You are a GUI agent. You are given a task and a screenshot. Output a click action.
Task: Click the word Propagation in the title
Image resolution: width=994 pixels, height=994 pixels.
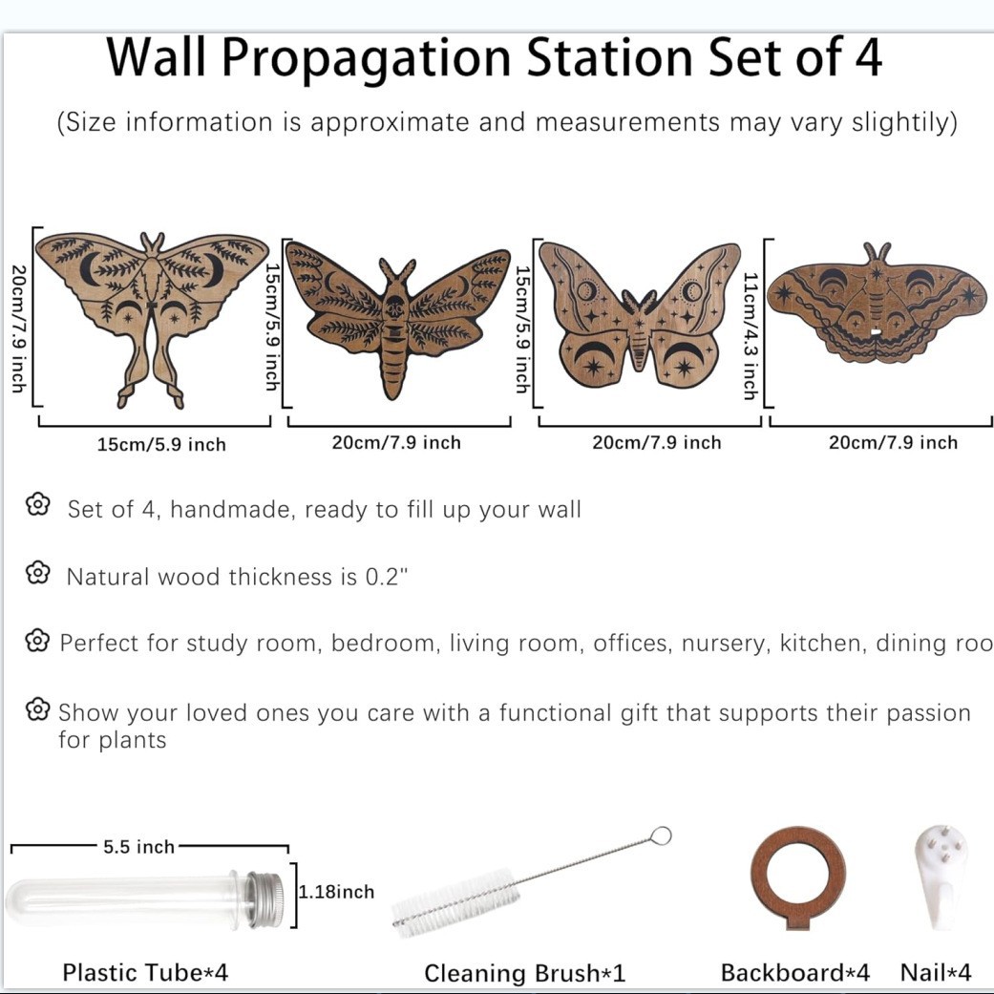pyautogui.click(x=367, y=59)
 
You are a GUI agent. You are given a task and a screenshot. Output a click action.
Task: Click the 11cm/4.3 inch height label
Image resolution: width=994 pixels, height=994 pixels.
pyautogui.click(x=751, y=336)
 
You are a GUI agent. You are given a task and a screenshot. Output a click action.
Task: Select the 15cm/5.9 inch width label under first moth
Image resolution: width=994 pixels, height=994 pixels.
pyautogui.click(x=161, y=444)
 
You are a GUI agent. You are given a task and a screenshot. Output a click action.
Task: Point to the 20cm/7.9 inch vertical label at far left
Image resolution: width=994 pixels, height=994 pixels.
pyautogui.click(x=19, y=328)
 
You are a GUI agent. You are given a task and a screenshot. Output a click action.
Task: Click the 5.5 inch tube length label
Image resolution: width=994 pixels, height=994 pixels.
pyautogui.click(x=138, y=847)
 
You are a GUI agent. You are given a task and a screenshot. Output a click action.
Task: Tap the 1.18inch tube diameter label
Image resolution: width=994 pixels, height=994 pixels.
pyautogui.click(x=337, y=892)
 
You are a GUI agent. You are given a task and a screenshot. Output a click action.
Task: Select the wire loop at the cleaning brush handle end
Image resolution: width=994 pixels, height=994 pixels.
pyautogui.click(x=661, y=835)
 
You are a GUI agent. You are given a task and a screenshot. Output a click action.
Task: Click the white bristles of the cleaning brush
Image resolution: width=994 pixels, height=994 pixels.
pyautogui.click(x=455, y=899)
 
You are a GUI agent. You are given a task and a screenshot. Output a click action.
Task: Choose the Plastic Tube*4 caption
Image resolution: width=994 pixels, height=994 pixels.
pyautogui.click(x=145, y=972)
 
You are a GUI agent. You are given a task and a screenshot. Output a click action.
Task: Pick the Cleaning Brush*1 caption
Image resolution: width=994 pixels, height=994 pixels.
pyautogui.click(x=524, y=973)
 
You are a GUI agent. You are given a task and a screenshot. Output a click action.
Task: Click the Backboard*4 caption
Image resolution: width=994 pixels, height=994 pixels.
pyautogui.click(x=795, y=972)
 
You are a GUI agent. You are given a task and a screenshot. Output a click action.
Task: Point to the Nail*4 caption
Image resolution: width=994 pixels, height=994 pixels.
pyautogui.click(x=936, y=972)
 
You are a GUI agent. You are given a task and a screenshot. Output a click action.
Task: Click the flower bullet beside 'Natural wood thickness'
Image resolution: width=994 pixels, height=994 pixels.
pyautogui.click(x=38, y=573)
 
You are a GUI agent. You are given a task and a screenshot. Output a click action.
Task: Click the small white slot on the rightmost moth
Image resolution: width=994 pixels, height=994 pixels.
pyautogui.click(x=877, y=331)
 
